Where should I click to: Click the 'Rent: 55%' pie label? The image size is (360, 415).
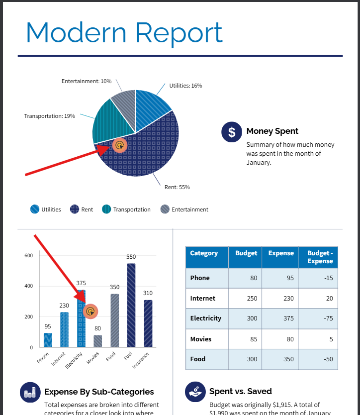(177, 187)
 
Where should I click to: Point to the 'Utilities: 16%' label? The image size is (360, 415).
(185, 86)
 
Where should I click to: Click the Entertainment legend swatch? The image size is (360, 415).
(165, 209)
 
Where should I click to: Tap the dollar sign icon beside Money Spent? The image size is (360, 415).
(231, 132)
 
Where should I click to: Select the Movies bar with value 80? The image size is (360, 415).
(98, 341)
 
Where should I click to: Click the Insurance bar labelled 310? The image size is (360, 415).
(148, 323)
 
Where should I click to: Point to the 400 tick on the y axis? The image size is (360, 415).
(28, 286)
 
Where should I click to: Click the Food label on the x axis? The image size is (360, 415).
(111, 357)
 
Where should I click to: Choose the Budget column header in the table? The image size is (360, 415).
(246, 253)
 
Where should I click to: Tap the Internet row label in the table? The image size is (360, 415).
(203, 299)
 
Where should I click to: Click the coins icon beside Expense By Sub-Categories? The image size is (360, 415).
(30, 392)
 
